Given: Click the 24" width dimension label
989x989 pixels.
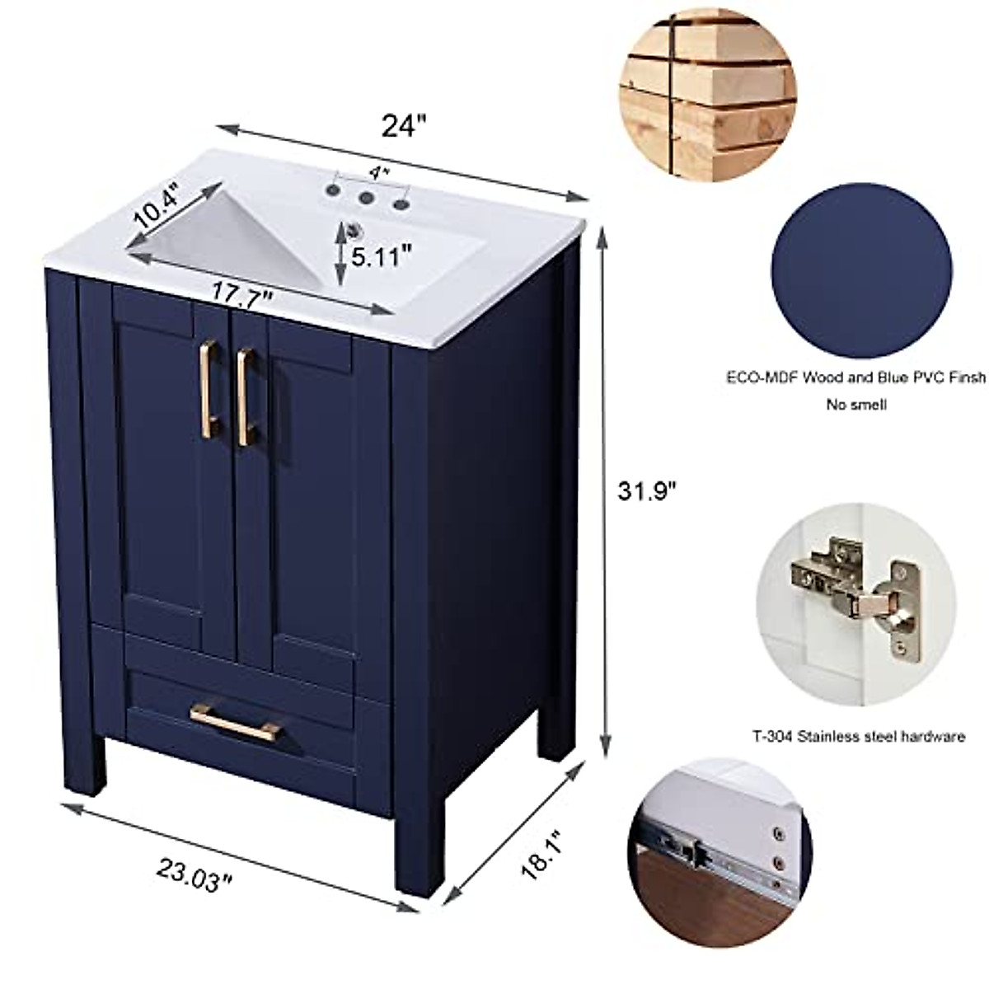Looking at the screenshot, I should (404, 125).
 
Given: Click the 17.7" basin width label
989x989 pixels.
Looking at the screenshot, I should (242, 293).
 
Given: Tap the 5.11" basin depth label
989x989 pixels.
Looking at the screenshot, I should (381, 256).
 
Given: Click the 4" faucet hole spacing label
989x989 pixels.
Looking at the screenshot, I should (378, 173).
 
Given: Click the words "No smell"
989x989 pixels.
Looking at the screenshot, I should (856, 405).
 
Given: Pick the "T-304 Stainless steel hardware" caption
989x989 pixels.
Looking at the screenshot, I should (857, 737).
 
